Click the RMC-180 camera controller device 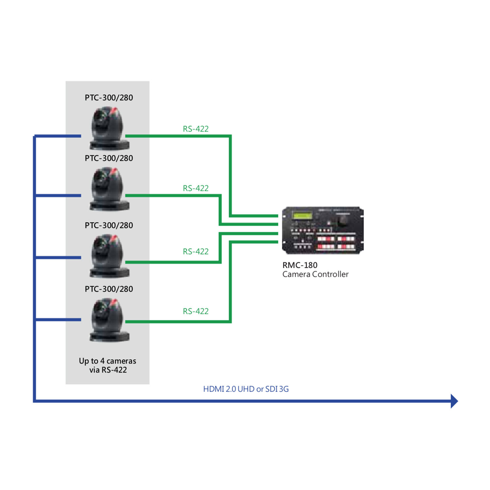point(322,230)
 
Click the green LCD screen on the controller point(302,216)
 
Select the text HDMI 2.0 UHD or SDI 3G point(246,389)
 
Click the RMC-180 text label point(300,265)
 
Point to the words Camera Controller point(315,274)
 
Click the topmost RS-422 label point(195,129)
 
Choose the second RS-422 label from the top point(195,188)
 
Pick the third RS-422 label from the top point(195,252)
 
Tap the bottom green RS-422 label point(195,311)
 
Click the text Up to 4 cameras point(107,361)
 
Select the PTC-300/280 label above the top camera point(109,98)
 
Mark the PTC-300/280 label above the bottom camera point(109,289)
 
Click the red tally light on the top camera point(113,111)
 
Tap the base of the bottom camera point(109,336)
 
